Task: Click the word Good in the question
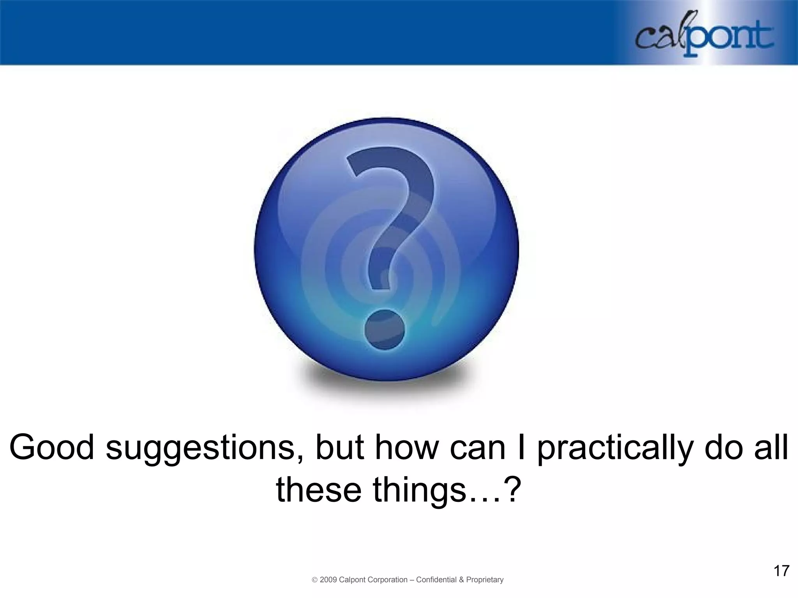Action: (x=51, y=447)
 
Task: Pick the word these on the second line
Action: (x=318, y=489)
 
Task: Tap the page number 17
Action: (x=781, y=571)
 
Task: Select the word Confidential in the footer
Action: (x=436, y=580)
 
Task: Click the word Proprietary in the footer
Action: (x=485, y=580)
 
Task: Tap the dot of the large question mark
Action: (x=385, y=329)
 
